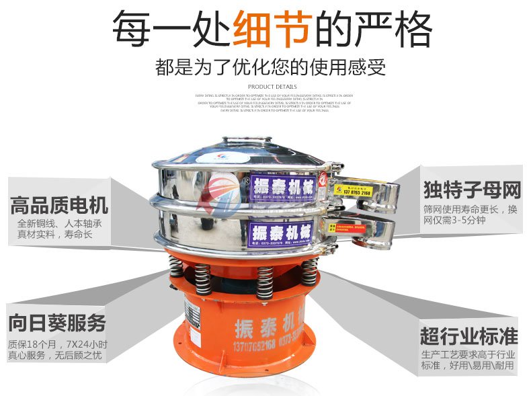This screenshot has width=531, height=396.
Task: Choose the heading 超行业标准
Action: click(x=468, y=334)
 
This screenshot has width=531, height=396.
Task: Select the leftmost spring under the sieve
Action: click(x=176, y=268)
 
